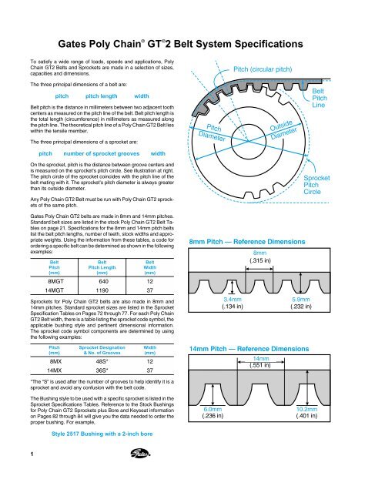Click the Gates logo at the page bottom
140,454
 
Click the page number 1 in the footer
32,454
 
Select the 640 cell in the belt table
103,281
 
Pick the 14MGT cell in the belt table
54,290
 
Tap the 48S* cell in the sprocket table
102,361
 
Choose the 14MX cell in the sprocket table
54,370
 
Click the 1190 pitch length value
102,290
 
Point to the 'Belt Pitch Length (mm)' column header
102,267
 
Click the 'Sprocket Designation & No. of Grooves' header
102,350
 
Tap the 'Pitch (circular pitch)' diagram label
263,69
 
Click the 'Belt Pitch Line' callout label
320,98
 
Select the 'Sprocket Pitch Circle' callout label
316,185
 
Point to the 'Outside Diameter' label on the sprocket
283,130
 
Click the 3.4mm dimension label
233,300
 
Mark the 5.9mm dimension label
300,300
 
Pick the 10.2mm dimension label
306,409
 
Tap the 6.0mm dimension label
213,409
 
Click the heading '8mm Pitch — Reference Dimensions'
247,242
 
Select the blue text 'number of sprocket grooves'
102,154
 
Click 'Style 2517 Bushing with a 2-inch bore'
102,434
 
